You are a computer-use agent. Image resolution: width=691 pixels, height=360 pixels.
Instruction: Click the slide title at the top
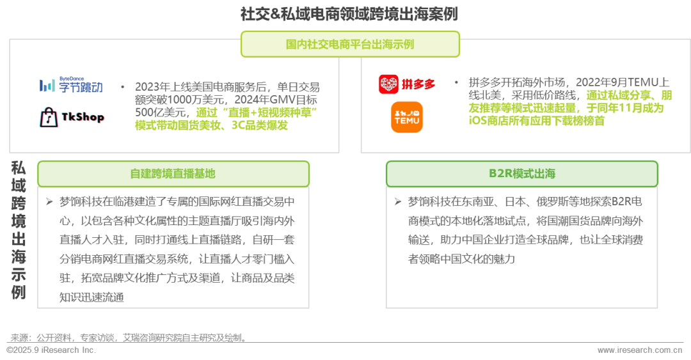click(x=349, y=14)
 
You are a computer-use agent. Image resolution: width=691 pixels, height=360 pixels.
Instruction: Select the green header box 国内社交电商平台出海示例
click(x=349, y=44)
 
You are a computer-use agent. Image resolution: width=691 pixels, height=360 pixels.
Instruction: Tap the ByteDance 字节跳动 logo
click(x=71, y=85)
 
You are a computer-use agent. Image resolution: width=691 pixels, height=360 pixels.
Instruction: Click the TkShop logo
click(x=71, y=118)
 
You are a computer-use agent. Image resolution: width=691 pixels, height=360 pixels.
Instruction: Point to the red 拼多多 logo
click(x=407, y=84)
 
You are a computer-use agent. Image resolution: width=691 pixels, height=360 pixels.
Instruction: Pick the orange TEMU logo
click(x=407, y=118)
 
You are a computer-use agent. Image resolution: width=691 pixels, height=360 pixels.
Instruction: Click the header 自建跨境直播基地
click(x=173, y=174)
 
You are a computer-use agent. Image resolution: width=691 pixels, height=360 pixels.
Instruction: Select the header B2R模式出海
click(x=521, y=174)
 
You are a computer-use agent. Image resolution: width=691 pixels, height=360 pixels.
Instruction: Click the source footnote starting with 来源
click(x=128, y=338)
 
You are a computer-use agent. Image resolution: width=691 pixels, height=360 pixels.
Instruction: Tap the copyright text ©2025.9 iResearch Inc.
click(x=51, y=350)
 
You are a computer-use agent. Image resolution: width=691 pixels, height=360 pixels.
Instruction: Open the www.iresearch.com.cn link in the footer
click(x=640, y=350)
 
